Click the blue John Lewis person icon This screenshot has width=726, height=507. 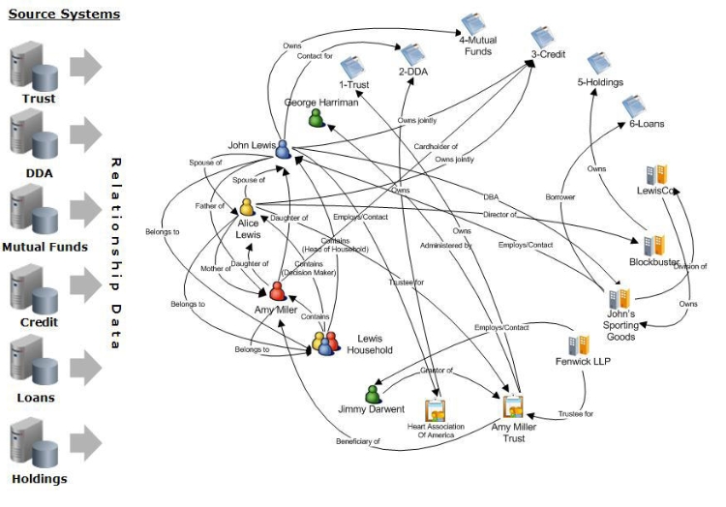pos(283,148)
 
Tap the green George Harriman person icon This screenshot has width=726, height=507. pos(317,118)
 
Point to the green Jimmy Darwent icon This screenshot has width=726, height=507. pos(373,393)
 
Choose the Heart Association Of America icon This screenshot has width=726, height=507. pos(435,410)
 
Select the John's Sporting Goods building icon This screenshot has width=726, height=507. pos(620,297)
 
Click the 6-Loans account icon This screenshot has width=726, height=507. pos(634,105)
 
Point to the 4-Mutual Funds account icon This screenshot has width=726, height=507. pos(473,23)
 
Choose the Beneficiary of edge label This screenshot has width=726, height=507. pos(358,441)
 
